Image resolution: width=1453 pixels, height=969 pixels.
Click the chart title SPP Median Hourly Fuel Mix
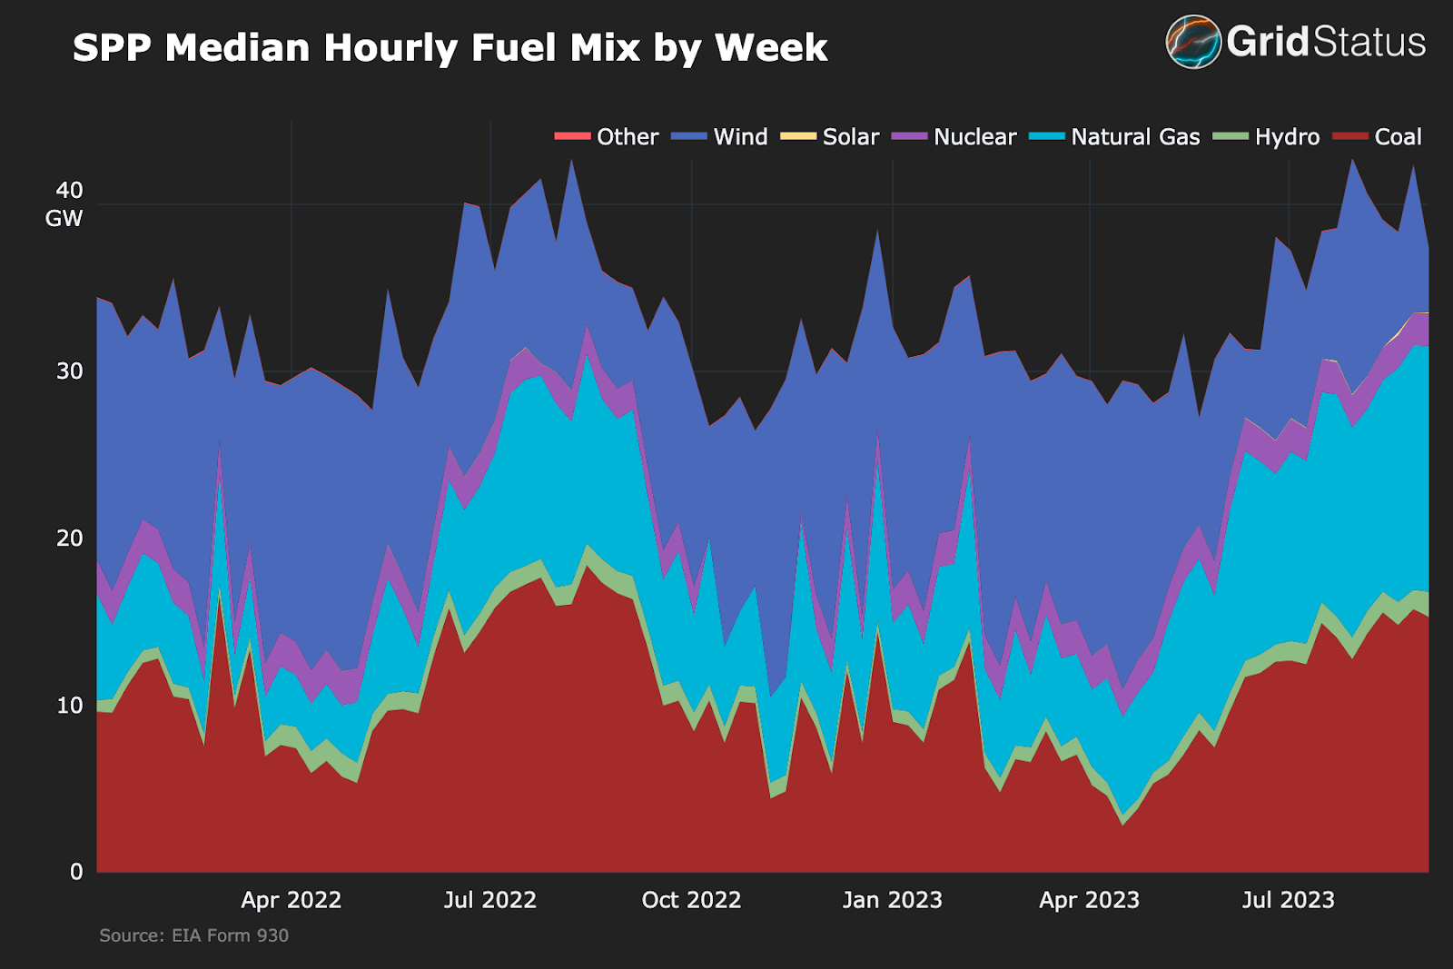[x=450, y=48]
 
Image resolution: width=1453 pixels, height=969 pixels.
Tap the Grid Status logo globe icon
[x=1193, y=42]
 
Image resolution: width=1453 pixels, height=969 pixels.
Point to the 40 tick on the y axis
[x=69, y=191]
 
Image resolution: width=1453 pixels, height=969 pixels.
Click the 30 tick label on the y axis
[x=69, y=371]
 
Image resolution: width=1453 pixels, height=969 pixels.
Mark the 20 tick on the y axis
[x=69, y=539]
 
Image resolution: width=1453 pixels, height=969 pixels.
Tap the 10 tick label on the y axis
[x=69, y=706]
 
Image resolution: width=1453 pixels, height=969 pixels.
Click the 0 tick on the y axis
[x=76, y=872]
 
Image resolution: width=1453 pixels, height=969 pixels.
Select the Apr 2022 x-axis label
[x=291, y=900]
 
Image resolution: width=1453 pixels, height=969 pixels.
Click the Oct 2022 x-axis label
[x=691, y=900]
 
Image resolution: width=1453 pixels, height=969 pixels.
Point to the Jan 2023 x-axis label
[x=892, y=900]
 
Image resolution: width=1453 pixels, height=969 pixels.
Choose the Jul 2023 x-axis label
[x=1288, y=900]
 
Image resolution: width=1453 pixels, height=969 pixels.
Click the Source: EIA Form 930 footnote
[x=193, y=935]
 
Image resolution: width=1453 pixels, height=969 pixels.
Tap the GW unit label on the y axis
[x=64, y=219]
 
